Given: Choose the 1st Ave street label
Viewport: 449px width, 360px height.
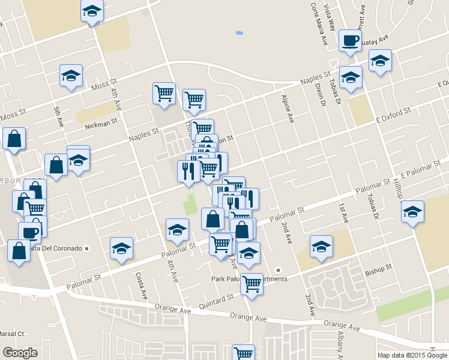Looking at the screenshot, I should coord(343,212).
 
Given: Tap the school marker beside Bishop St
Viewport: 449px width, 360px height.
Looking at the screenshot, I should coord(321,246).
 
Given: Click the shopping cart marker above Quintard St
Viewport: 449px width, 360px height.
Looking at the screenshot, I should coord(252,283).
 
